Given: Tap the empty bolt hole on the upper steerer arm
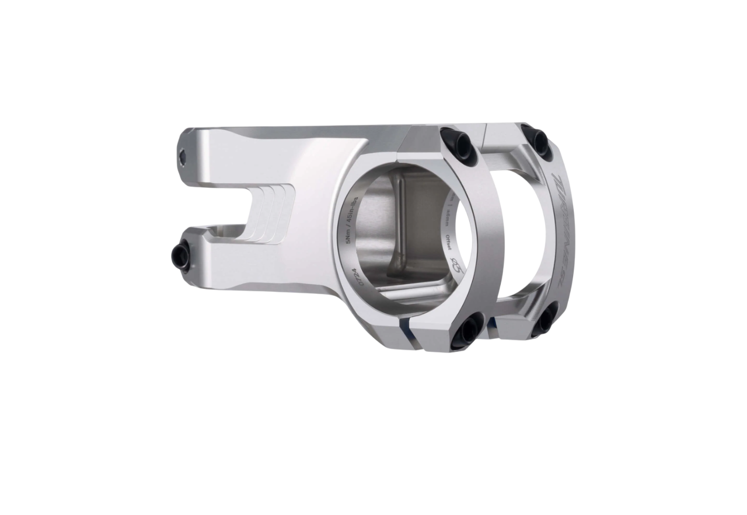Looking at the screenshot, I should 183,156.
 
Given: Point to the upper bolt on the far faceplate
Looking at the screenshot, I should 537,141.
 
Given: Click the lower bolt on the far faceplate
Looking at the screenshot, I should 546,321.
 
